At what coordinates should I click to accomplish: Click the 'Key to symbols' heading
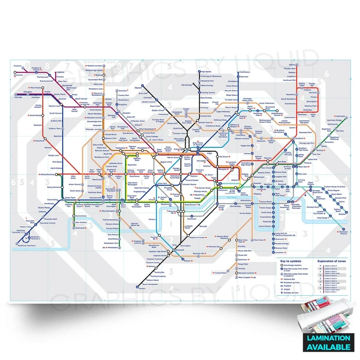pyautogui.click(x=290, y=261)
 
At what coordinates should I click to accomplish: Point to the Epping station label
pyautogui.click(x=292, y=66)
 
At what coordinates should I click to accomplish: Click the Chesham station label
pyautogui.click(x=17, y=66)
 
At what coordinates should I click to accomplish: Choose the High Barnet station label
pyautogui.click(x=205, y=72)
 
